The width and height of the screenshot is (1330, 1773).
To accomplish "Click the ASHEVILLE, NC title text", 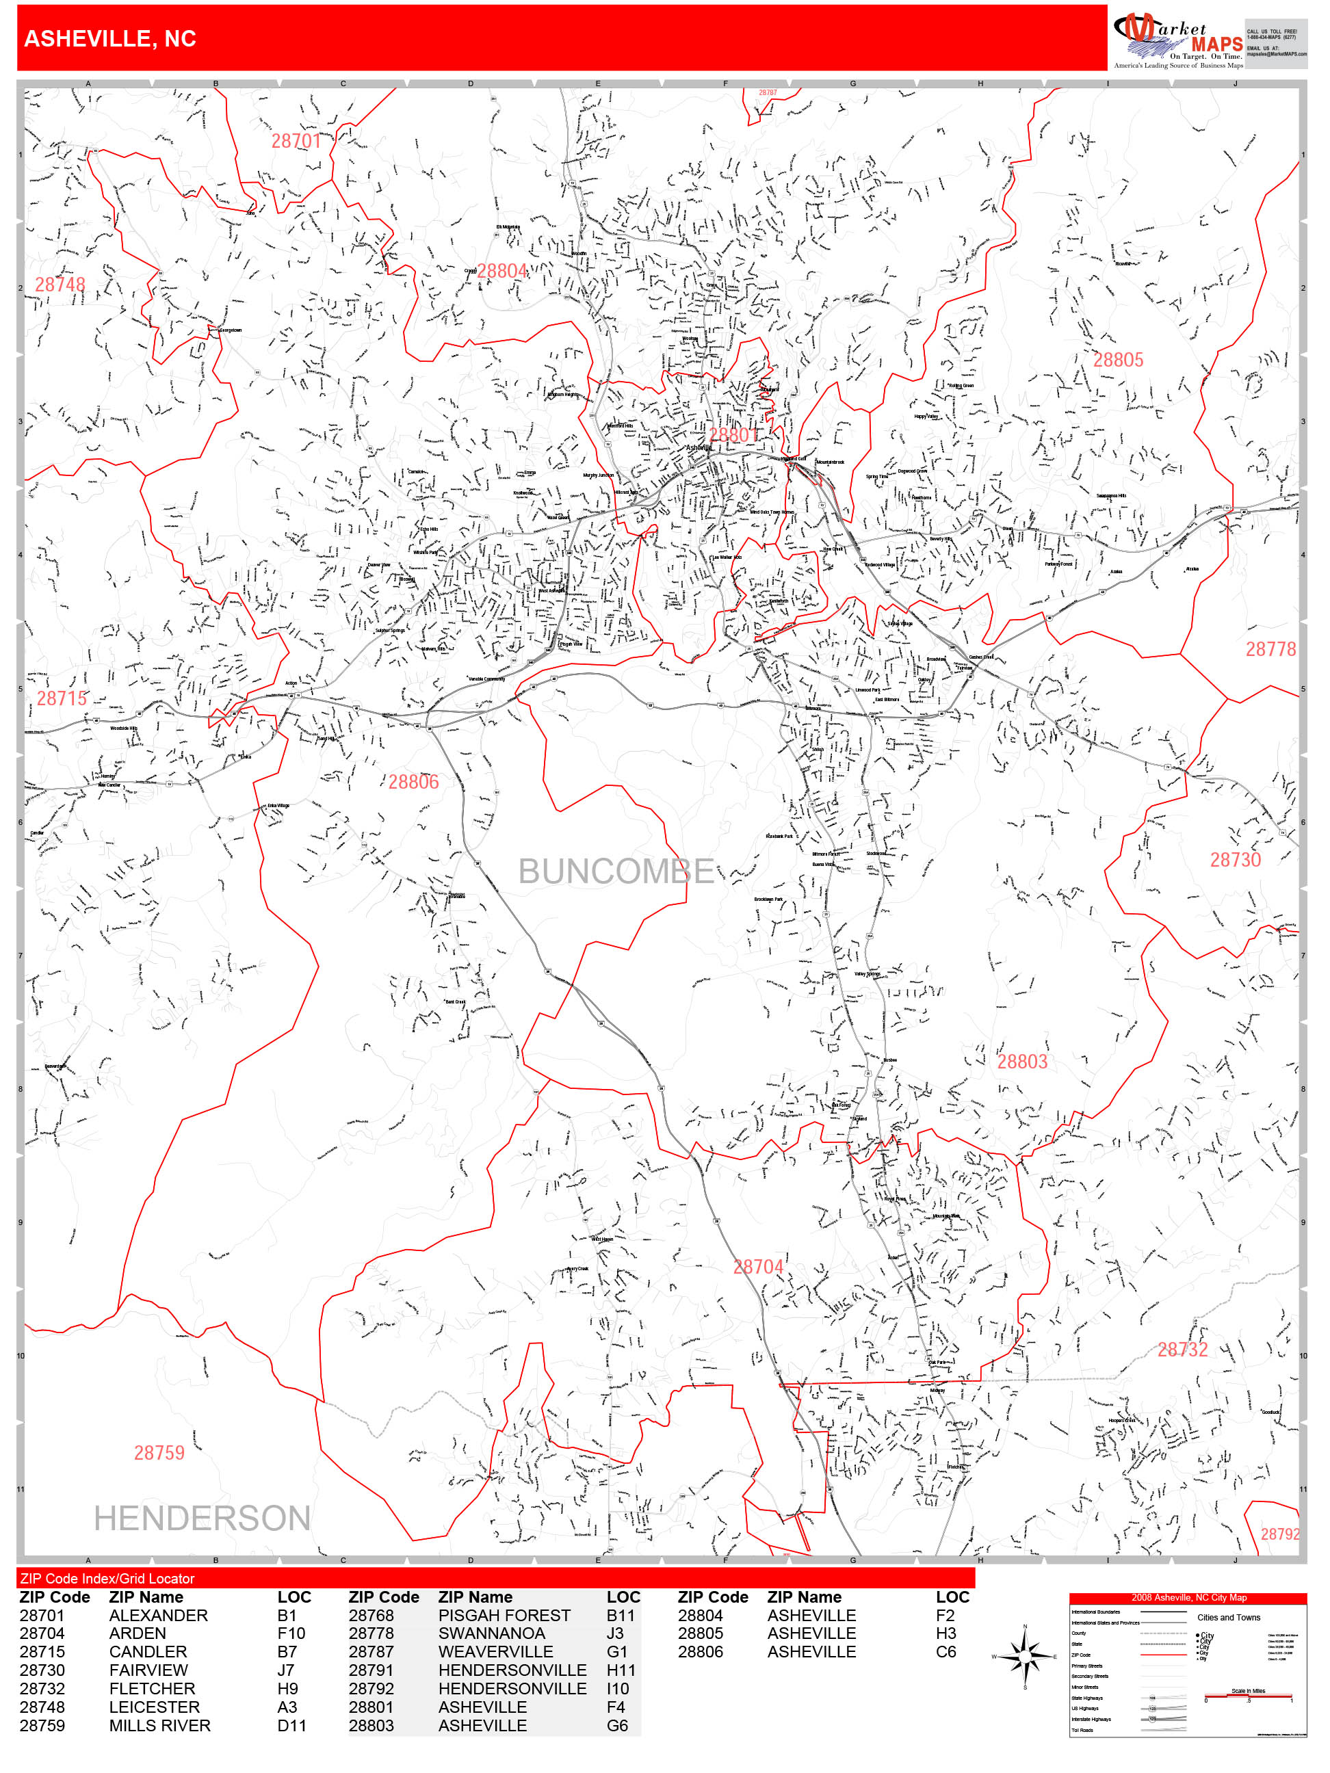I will point(110,38).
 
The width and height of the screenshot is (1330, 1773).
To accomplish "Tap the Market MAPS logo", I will point(1177,39).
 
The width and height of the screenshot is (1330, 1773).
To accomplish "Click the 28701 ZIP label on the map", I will point(296,141).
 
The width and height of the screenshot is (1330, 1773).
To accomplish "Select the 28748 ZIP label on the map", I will point(60,285).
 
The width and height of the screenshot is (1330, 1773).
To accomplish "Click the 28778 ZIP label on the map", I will point(1270,649).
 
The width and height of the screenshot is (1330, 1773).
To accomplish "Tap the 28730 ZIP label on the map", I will point(1235,860).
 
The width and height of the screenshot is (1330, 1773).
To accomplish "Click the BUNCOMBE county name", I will point(616,872).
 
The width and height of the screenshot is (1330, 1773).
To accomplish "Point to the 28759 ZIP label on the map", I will point(159,1453).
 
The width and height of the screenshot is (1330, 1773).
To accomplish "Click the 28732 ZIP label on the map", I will point(1182,1350).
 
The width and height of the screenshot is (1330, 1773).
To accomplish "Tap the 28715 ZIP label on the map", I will point(62,699).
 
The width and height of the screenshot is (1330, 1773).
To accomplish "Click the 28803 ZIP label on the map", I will point(1022,1062).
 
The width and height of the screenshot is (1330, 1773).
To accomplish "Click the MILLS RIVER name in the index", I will point(159,1726).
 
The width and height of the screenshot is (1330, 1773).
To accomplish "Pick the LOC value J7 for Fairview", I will point(285,1670).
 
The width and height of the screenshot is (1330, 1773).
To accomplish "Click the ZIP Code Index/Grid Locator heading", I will point(107,1578).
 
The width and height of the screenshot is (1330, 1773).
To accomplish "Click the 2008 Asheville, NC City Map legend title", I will point(1188,1597).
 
